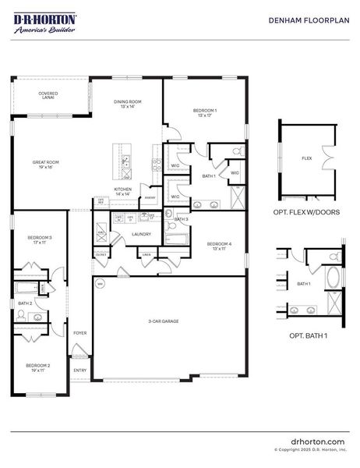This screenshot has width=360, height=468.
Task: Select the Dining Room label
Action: point(127,102)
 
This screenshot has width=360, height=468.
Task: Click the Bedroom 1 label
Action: point(204,113)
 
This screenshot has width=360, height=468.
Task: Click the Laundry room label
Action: point(141,234)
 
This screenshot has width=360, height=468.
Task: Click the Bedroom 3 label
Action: point(40,239)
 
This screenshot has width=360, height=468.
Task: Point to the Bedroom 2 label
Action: point(37,367)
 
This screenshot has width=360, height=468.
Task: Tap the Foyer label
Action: point(80,333)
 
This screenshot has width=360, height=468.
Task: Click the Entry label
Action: point(79,370)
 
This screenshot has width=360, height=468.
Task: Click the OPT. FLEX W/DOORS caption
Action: point(306,211)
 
